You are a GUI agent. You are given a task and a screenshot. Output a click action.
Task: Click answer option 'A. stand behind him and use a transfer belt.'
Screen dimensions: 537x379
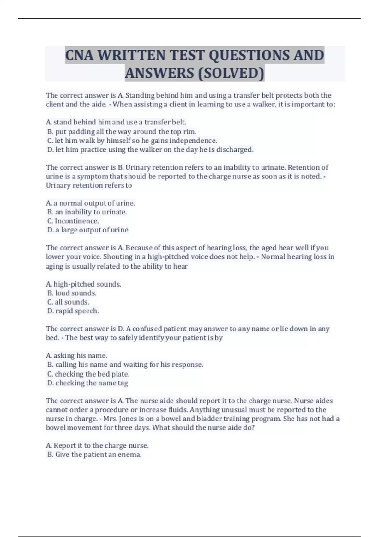(116, 122)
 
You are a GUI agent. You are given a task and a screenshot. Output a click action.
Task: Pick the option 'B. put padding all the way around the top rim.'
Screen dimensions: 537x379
(122, 131)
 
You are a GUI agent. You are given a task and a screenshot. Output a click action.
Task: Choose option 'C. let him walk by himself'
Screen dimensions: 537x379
(132, 141)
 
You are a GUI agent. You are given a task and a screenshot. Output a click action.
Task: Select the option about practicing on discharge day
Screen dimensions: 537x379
(150, 149)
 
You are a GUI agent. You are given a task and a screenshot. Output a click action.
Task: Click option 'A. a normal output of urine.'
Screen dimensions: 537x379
(91, 203)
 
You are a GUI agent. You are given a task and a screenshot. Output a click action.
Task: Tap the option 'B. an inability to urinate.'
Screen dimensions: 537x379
(87, 212)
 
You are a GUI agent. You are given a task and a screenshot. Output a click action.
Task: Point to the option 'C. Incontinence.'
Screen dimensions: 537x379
(73, 221)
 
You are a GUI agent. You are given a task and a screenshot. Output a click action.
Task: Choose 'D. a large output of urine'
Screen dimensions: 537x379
(88, 230)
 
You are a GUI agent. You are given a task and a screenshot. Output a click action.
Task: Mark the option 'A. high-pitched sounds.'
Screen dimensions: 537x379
(84, 284)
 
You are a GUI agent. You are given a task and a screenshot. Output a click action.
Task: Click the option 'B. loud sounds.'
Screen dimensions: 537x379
(72, 293)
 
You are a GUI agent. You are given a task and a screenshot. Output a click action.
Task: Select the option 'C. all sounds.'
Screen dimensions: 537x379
(68, 302)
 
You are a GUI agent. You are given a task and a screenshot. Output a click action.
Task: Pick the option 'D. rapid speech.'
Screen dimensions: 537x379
(73, 311)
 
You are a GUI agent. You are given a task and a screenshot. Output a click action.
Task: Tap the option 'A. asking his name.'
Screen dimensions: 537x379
(77, 356)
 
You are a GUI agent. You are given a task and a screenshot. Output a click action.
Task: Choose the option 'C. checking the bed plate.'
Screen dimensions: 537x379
(88, 374)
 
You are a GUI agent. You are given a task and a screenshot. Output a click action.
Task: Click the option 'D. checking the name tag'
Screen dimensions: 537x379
(87, 383)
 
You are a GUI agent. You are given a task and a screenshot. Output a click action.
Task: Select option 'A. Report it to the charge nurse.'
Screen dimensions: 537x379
(97, 446)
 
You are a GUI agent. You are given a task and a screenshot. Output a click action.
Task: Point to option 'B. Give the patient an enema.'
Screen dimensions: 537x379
(94, 455)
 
